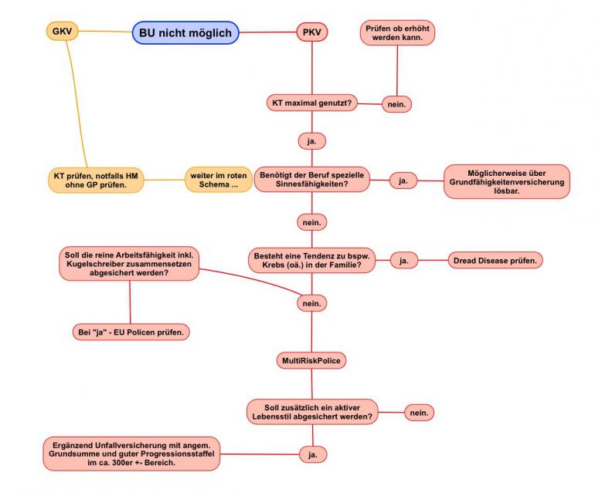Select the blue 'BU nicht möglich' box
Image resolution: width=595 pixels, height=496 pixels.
[x=185, y=32]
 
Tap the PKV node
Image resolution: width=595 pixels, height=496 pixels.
[x=312, y=32]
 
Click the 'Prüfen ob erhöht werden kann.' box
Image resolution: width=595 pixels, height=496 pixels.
[x=397, y=32]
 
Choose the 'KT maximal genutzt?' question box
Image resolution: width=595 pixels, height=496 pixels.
[x=311, y=103]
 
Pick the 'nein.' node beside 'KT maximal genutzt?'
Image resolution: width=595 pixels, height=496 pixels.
[x=396, y=104]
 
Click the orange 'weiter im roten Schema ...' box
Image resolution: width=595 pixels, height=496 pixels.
[x=219, y=181]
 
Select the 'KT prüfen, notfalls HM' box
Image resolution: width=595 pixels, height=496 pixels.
[x=95, y=181]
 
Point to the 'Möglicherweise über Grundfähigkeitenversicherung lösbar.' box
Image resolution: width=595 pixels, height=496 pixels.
[x=506, y=181]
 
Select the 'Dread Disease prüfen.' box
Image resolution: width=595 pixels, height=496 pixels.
[x=495, y=261]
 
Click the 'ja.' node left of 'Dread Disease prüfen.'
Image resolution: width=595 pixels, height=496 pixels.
[x=403, y=261]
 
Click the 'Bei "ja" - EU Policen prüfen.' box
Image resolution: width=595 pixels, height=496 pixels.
[x=131, y=332]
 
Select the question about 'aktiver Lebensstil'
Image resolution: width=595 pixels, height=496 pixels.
[x=313, y=410]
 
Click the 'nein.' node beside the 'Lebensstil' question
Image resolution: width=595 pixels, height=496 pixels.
[x=419, y=413]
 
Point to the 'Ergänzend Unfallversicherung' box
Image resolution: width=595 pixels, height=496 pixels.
[x=132, y=454]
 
